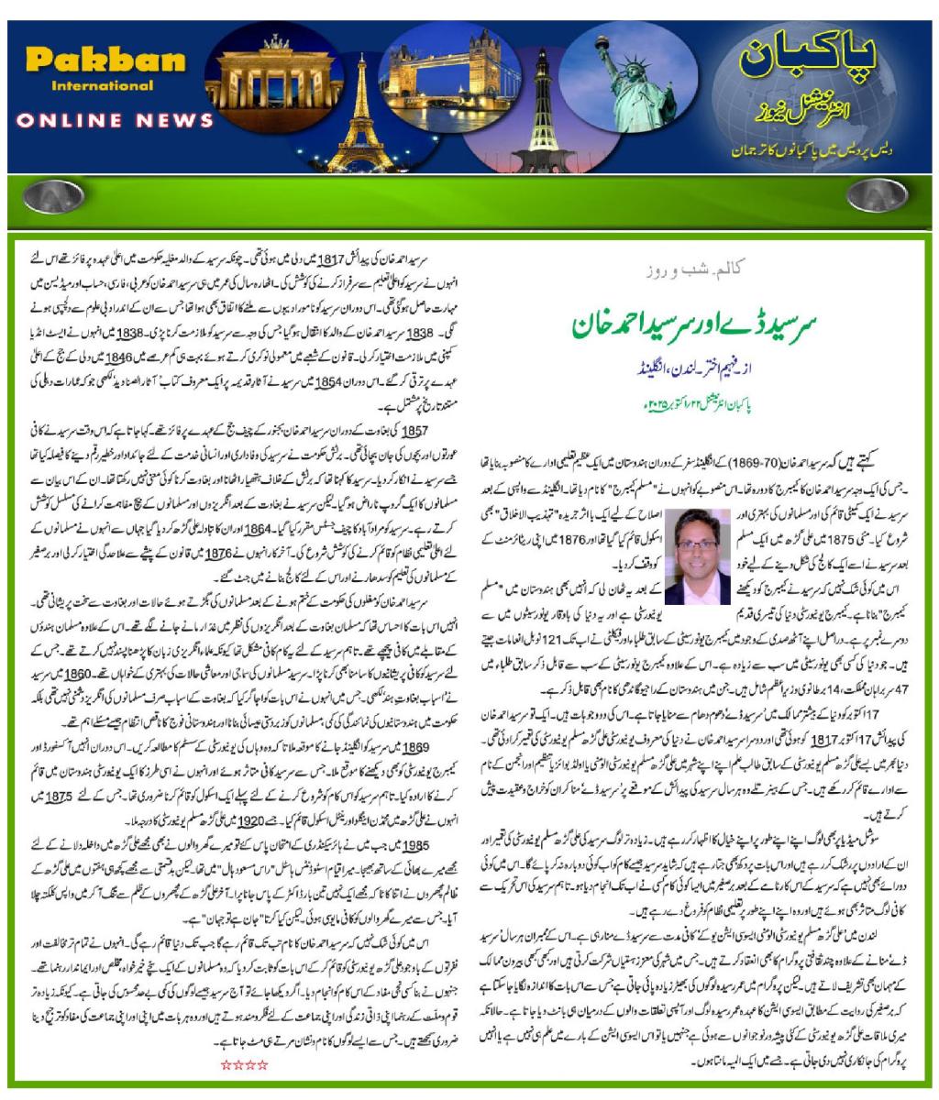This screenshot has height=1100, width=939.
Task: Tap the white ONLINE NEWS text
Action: (115, 120)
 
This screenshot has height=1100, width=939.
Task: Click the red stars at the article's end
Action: (245, 1064)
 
